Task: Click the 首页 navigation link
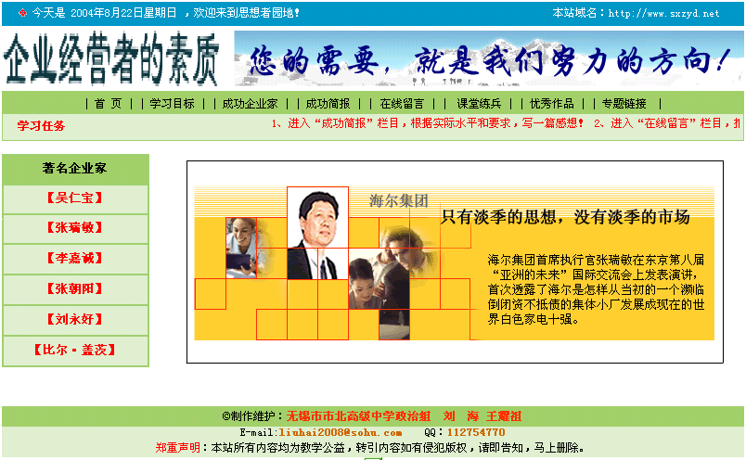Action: click(108, 104)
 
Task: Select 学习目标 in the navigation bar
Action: click(172, 104)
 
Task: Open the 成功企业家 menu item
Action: click(250, 104)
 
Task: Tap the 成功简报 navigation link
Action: click(328, 104)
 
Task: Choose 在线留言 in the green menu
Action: click(402, 104)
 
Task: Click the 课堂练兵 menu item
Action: click(479, 104)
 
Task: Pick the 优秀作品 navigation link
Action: click(552, 104)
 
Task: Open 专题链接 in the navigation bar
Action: click(624, 104)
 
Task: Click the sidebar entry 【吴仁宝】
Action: click(75, 198)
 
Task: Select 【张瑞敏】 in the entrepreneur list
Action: click(75, 228)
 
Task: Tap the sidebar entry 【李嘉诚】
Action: click(75, 259)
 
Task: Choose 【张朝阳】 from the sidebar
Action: click(75, 288)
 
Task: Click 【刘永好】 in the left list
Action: click(75, 319)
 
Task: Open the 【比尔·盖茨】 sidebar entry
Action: click(75, 351)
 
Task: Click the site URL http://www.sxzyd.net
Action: click(663, 13)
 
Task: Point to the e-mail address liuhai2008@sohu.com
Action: click(341, 432)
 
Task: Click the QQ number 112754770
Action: click(476, 432)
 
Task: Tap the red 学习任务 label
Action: click(41, 126)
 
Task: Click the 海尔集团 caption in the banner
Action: click(399, 200)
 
